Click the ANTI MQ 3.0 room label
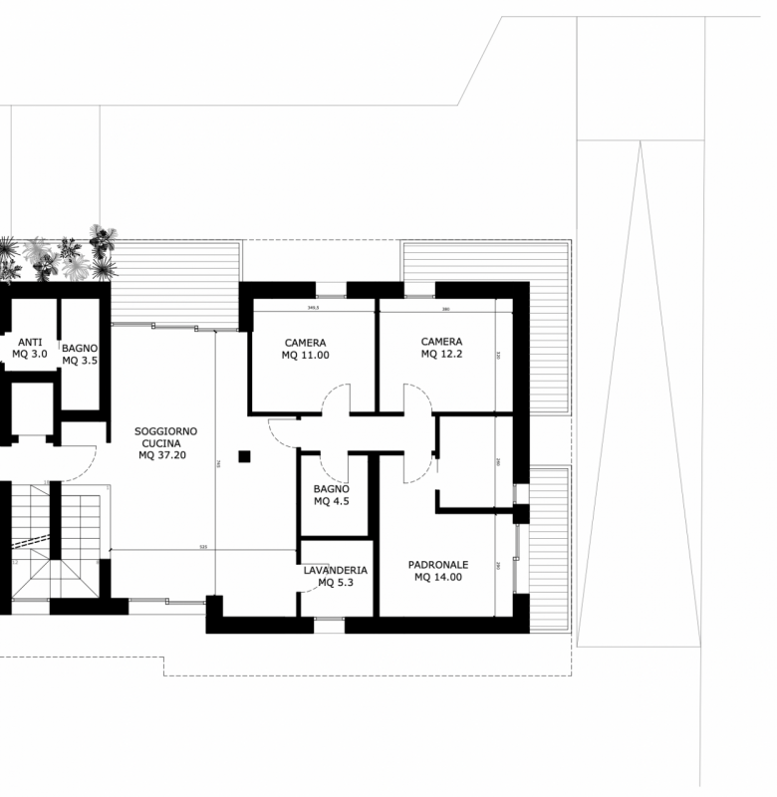(30, 348)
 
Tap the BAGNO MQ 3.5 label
(80, 354)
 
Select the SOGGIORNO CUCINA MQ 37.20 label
(166, 442)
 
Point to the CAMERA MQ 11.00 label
(305, 349)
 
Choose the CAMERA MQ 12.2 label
(441, 347)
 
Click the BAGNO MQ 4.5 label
(331, 495)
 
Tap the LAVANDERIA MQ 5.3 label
(336, 576)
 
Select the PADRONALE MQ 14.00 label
(438, 570)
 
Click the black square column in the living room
(244, 456)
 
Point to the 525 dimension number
(203, 547)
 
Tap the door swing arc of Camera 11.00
(336, 402)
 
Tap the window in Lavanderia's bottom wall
(329, 625)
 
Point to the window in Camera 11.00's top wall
(331, 290)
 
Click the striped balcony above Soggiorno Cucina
(175, 283)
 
